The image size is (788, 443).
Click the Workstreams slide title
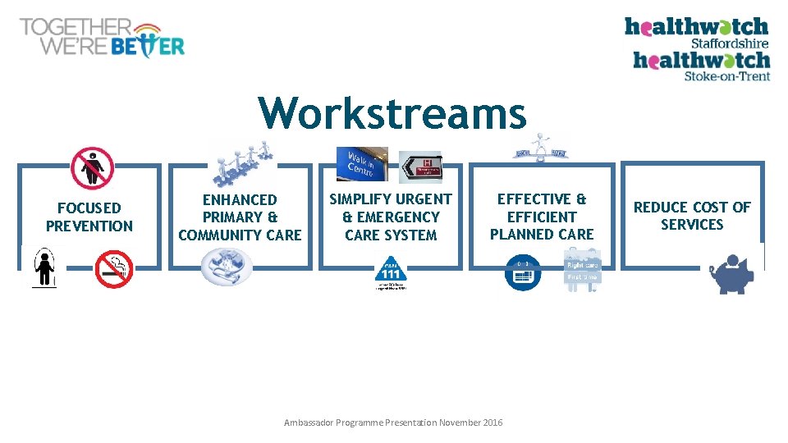click(392, 113)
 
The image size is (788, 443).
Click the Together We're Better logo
click(103, 37)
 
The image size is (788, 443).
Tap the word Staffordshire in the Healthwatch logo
click(729, 43)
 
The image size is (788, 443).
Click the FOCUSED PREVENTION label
click(89, 217)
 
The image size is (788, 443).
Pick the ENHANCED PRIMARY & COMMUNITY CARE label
click(240, 217)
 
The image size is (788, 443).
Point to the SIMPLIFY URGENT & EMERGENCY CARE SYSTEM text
click(390, 217)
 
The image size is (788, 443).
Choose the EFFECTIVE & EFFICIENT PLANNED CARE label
click(542, 217)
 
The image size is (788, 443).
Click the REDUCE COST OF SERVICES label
click(692, 216)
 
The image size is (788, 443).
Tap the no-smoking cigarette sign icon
click(113, 269)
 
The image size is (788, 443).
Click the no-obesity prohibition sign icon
click(91, 168)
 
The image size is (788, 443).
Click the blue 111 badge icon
click(391, 274)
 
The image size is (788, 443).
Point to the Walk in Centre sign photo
click(361, 165)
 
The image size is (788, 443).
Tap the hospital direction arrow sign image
click(420, 167)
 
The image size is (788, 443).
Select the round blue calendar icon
click(523, 273)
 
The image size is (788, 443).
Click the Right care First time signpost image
click(581, 271)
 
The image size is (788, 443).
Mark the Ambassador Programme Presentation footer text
click(393, 422)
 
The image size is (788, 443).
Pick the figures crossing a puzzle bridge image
click(243, 162)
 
